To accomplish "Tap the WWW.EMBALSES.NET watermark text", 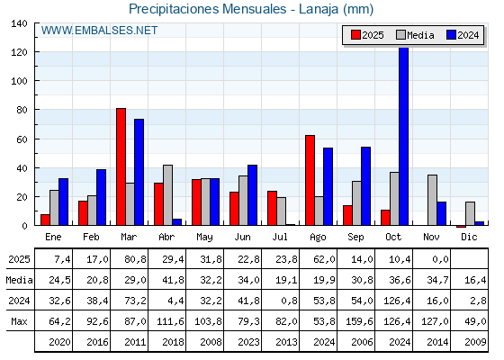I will pyautogui.click(x=100, y=31).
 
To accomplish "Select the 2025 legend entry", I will pyautogui.click(x=367, y=35).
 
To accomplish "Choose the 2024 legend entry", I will pyautogui.click(x=463, y=35).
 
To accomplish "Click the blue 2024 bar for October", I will pyautogui.click(x=403, y=135).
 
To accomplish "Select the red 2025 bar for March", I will pyautogui.click(x=121, y=166).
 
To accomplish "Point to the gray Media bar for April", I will pyautogui.click(x=167, y=194).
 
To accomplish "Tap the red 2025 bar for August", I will pyautogui.click(x=310, y=180).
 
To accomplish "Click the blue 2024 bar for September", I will pyautogui.click(x=365, y=185).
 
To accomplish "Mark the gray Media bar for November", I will pyautogui.click(x=432, y=200).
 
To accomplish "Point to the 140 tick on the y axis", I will pyautogui.click(x=20, y=23).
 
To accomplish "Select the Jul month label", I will pyautogui.click(x=281, y=236).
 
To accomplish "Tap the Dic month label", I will pyautogui.click(x=470, y=236).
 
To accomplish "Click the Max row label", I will pyautogui.click(x=18, y=320).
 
